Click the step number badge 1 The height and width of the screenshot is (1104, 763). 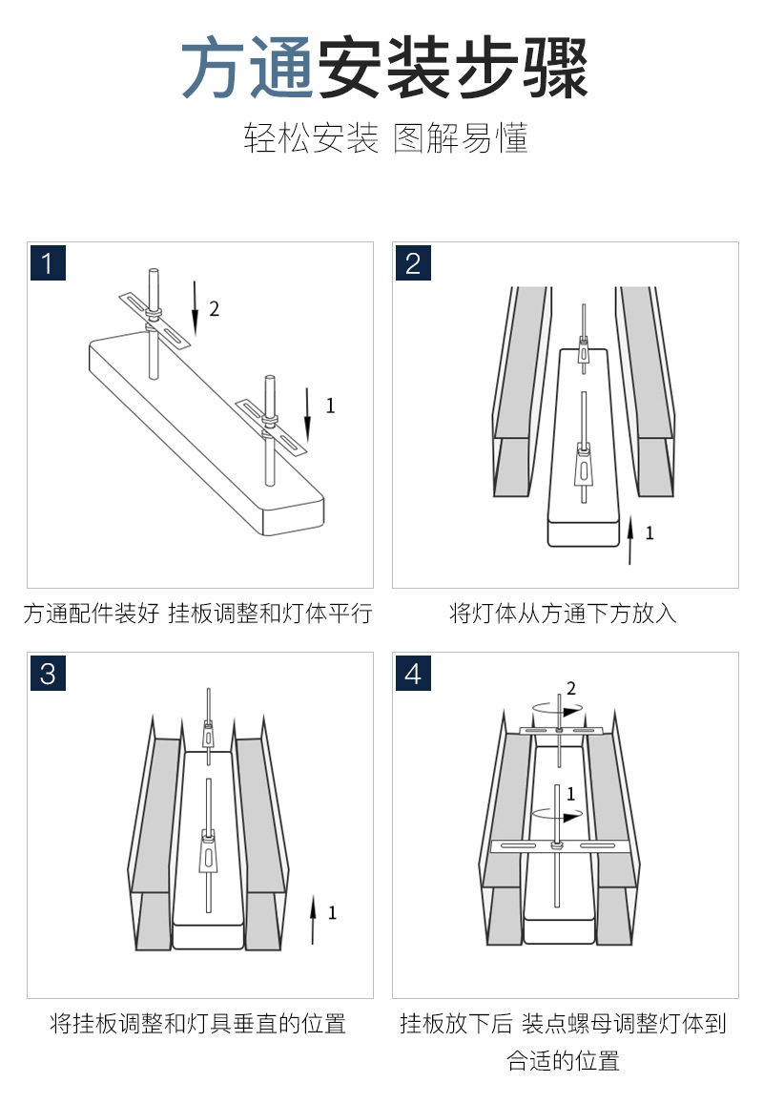[x=48, y=262]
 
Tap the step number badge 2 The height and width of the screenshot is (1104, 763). [x=413, y=262]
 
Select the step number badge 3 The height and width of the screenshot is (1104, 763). [x=48, y=673]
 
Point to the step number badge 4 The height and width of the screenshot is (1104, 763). [x=413, y=673]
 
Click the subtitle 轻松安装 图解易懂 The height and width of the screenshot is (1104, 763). [x=385, y=137]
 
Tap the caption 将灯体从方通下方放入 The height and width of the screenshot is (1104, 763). [x=563, y=614]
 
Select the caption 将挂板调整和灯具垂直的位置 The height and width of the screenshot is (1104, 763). [x=197, y=1023]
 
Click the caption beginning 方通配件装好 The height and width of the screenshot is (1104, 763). [x=197, y=614]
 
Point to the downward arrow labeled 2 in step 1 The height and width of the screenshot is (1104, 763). [x=196, y=309]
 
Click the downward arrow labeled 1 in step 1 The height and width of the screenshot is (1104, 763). [x=307, y=415]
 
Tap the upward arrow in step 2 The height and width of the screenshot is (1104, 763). [x=630, y=540]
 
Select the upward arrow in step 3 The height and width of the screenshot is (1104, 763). [x=313, y=920]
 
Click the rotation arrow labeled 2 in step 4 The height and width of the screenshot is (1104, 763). [x=558, y=711]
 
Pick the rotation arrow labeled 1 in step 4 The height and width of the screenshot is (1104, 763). [x=558, y=816]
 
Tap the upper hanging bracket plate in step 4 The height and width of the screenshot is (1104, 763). [x=561, y=730]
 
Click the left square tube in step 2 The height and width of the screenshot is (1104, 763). [x=523, y=391]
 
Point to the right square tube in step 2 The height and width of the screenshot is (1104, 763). [x=646, y=391]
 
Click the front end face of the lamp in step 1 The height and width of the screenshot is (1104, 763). [x=294, y=517]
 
